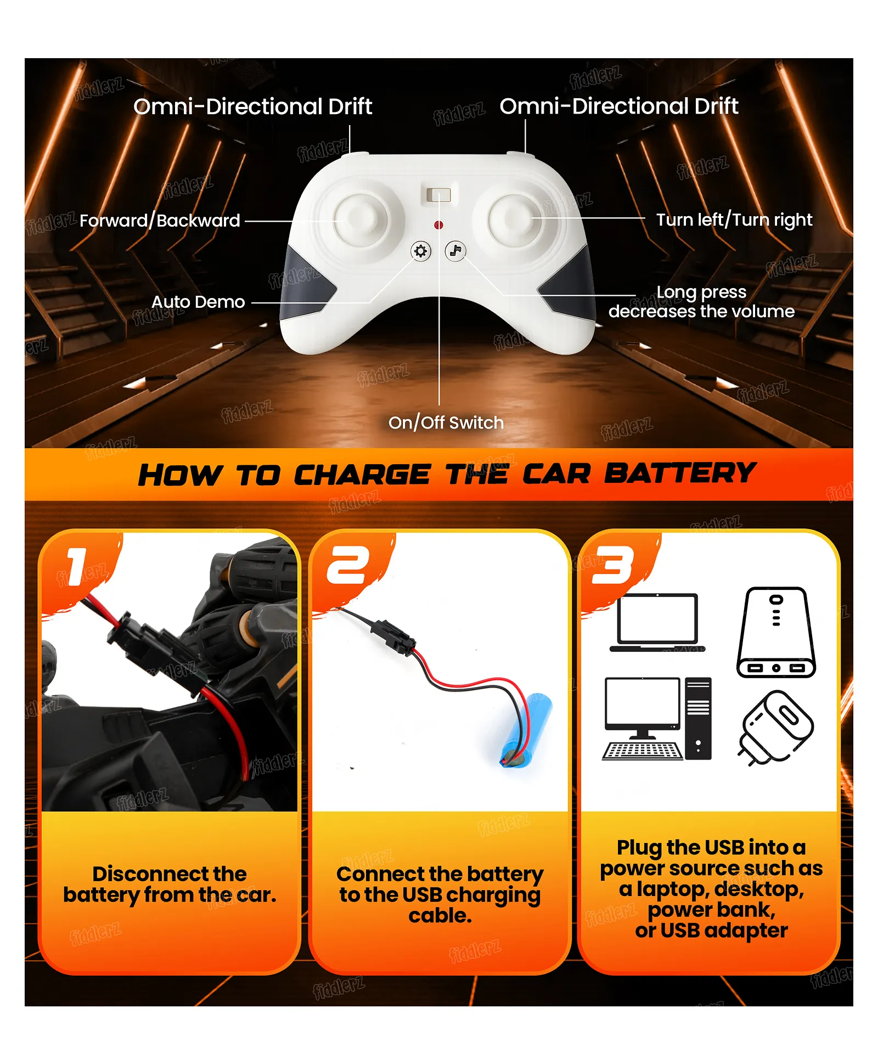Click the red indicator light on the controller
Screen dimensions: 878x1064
coord(438,225)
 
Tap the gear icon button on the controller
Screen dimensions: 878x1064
coord(421,251)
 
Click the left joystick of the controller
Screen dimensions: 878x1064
coord(361,220)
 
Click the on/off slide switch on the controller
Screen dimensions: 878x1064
coord(438,195)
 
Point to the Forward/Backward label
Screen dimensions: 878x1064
coord(160,221)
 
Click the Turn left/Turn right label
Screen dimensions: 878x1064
coord(734,220)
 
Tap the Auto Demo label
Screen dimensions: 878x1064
coord(198,302)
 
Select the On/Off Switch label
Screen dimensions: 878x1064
coord(446,423)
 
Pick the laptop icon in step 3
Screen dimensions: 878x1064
coord(657,622)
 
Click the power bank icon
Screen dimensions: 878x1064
coord(776,632)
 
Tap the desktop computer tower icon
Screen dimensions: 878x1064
coord(698,718)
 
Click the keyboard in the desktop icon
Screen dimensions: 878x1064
coord(643,751)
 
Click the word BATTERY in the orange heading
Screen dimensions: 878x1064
coord(680,474)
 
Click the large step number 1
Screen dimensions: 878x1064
coord(76,567)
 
